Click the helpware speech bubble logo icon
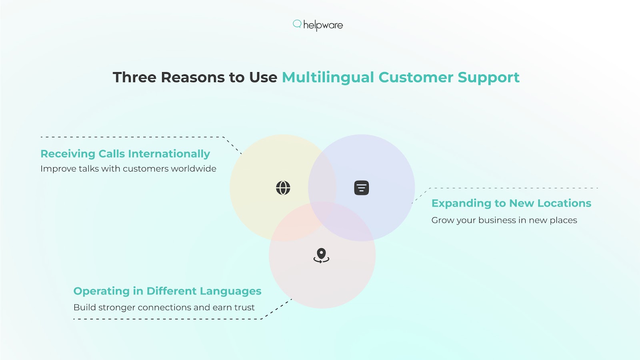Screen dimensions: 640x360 (x=297, y=24)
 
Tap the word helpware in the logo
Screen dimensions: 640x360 (x=323, y=26)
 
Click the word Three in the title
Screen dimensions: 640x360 (x=134, y=77)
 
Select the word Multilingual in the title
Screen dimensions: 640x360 (x=328, y=78)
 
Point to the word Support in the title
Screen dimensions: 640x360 (x=488, y=78)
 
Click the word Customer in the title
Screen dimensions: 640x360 (x=416, y=78)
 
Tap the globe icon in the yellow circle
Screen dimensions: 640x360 (x=283, y=188)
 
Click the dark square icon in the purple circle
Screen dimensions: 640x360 (x=362, y=188)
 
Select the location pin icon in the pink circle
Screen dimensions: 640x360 (x=322, y=256)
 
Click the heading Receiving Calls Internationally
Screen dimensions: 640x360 (x=125, y=154)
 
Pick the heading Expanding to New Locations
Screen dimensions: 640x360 (x=511, y=204)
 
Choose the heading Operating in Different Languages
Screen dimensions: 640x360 (x=167, y=292)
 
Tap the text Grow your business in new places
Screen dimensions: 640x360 (x=504, y=220)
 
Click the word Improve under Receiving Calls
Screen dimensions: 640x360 (x=58, y=169)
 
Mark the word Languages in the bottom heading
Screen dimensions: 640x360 (x=230, y=292)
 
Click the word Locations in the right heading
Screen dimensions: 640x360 (x=564, y=203)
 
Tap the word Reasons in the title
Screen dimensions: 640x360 (x=193, y=77)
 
